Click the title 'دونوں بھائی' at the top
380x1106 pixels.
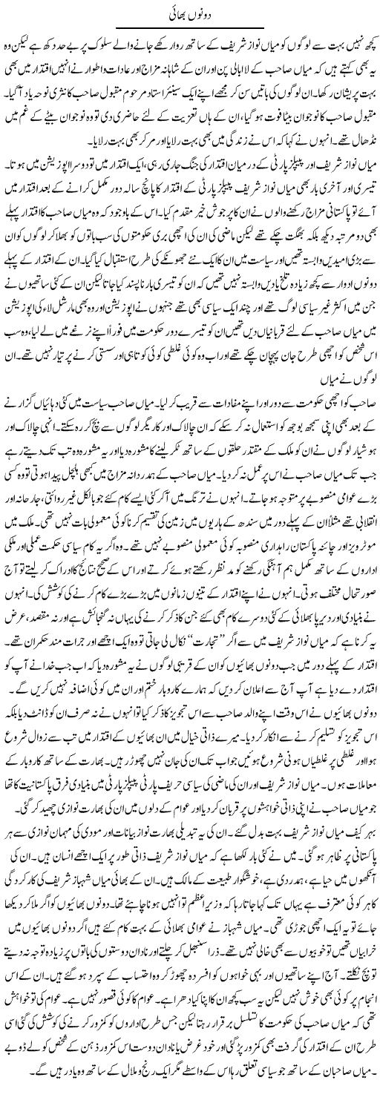189,11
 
